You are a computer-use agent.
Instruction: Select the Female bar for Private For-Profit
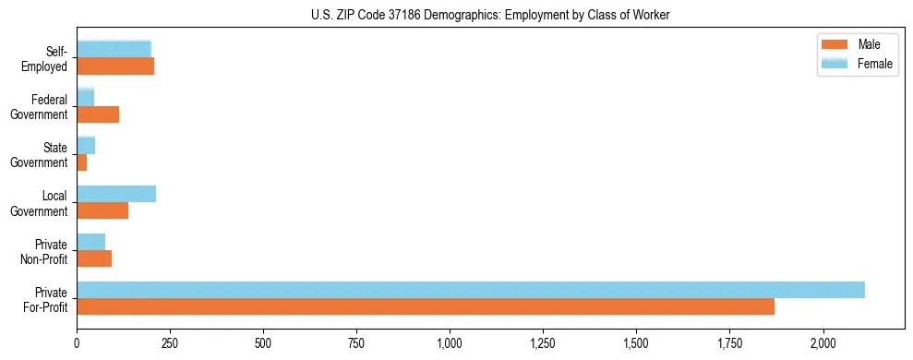[470, 290]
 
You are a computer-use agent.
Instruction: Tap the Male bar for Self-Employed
[115, 66]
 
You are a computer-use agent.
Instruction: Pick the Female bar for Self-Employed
[114, 49]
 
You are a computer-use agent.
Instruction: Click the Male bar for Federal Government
[98, 114]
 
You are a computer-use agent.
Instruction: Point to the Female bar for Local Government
[116, 194]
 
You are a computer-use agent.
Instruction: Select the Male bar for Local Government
[102, 210]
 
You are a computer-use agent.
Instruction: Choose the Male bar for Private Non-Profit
[94, 258]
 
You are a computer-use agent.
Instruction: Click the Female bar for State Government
[86, 146]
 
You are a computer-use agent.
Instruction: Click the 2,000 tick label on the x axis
[823, 344]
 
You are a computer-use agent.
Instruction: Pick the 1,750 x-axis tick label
[729, 344]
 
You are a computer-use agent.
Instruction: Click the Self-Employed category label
[49, 58]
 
